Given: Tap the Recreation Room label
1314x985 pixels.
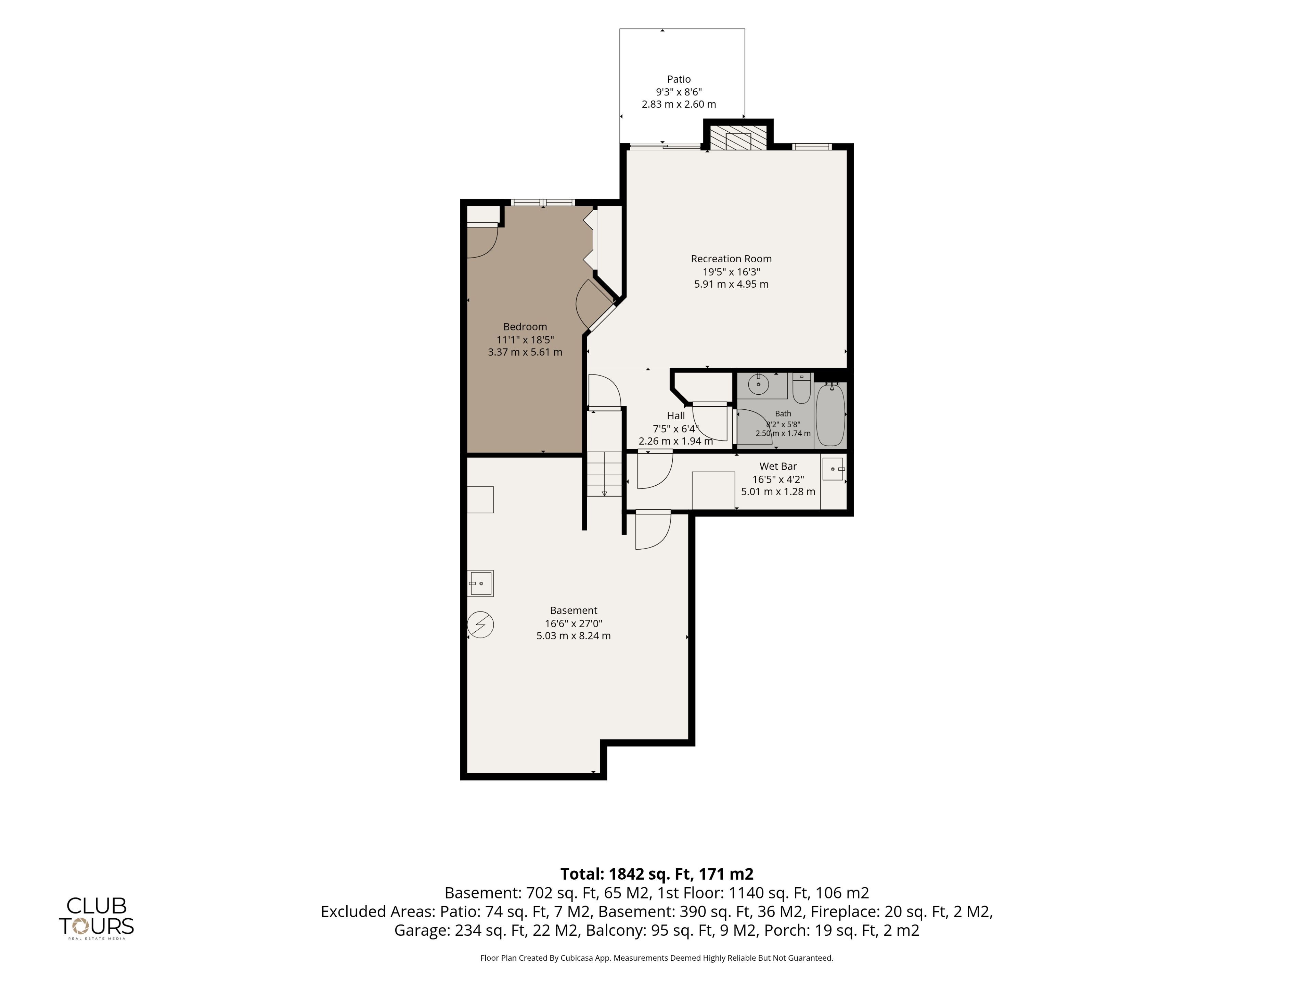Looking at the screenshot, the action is click(731, 259).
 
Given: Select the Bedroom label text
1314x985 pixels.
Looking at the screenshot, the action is click(525, 327).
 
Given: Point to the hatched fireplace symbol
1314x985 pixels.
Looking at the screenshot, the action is click(738, 138).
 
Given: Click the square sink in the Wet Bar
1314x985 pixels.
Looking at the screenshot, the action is click(833, 469).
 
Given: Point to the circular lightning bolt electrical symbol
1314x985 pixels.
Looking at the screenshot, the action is click(480, 625).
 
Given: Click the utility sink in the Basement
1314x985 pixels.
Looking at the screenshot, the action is click(480, 583).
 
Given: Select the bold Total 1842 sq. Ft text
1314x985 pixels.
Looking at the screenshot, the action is click(657, 874).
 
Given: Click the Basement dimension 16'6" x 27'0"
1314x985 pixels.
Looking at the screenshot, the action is click(574, 623).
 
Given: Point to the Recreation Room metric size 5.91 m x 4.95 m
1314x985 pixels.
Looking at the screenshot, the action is click(731, 285).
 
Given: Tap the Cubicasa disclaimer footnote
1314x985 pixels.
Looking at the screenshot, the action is click(657, 958).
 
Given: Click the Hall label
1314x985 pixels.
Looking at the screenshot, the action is click(675, 416).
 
